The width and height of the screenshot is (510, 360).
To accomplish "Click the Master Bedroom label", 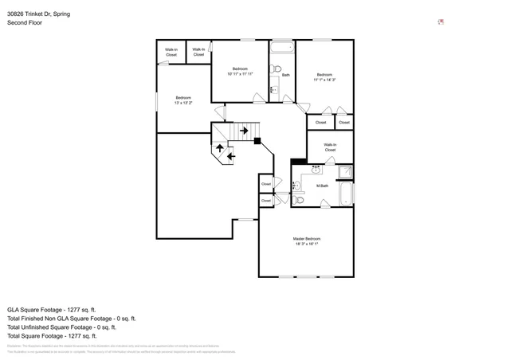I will (x=307, y=239).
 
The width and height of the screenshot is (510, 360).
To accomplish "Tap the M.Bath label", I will (x=322, y=186).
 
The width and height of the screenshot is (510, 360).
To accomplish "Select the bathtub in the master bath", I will (x=346, y=195).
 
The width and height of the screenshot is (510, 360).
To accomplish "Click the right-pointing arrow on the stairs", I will (x=243, y=130).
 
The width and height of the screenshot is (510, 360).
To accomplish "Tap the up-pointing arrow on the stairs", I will (x=220, y=148).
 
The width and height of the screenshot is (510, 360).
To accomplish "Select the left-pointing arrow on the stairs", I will (x=231, y=156).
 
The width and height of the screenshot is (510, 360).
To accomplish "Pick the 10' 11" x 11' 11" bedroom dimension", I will (x=240, y=73).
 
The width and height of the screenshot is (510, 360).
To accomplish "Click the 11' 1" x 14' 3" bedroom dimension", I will (x=324, y=80).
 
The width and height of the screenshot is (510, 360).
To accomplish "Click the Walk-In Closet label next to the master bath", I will (x=330, y=147).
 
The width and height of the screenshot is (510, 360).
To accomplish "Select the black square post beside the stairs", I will (x=257, y=141).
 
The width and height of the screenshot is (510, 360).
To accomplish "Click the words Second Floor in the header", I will (x=25, y=23).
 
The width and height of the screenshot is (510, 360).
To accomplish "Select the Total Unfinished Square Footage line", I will (x=61, y=327).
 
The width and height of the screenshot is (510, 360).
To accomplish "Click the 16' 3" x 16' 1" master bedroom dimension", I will (x=307, y=245).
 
